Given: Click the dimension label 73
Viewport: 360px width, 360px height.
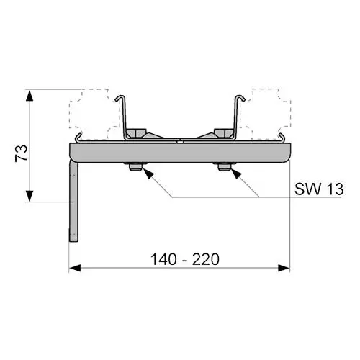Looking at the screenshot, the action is [22, 153].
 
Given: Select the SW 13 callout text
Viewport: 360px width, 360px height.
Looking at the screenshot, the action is [319, 189].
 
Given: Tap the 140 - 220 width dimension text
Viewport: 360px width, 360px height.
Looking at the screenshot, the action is [185, 259].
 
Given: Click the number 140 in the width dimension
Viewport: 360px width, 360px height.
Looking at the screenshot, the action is [164, 259].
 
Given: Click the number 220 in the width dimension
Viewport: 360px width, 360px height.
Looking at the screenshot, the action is [206, 259].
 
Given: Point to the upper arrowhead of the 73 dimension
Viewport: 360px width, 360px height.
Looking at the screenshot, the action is [30, 95].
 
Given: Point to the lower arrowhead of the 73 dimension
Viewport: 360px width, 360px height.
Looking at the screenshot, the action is [30, 196].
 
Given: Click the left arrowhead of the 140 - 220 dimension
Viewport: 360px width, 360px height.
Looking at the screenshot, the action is [75, 268].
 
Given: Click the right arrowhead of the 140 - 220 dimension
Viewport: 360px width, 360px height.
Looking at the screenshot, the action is [284, 268].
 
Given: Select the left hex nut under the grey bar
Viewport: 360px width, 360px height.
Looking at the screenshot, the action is [135, 167].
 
